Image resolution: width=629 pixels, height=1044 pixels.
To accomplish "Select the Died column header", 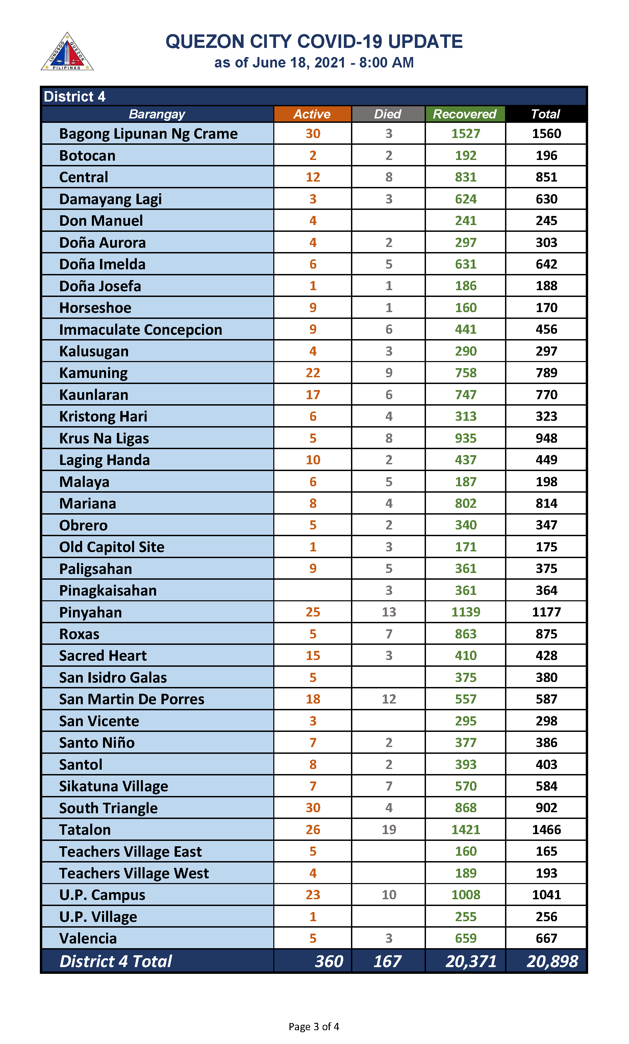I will point(388,114).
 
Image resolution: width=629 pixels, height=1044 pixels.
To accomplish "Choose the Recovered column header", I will point(464,114).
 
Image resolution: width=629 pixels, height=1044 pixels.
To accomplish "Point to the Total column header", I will point(546,114).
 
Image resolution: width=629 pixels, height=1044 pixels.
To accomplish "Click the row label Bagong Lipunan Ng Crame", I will point(148,134).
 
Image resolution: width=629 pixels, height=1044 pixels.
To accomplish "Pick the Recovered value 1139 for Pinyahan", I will point(466,612).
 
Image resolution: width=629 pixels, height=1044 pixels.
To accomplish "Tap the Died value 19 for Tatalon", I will point(389,829).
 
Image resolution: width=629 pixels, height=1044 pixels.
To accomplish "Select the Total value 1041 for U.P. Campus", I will point(546,895).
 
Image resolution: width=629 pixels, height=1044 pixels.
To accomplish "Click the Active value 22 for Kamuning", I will point(313,373).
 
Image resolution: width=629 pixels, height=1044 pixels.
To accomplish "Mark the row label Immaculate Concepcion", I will point(141,329).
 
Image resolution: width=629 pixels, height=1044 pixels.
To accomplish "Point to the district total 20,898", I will point(552,961).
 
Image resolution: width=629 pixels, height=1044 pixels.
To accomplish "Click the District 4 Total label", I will point(116,961).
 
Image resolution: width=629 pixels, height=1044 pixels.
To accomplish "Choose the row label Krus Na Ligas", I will point(104,438).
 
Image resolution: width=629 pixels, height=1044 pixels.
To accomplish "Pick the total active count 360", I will point(329,961).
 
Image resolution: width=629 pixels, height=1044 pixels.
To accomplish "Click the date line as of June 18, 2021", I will point(313,63).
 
